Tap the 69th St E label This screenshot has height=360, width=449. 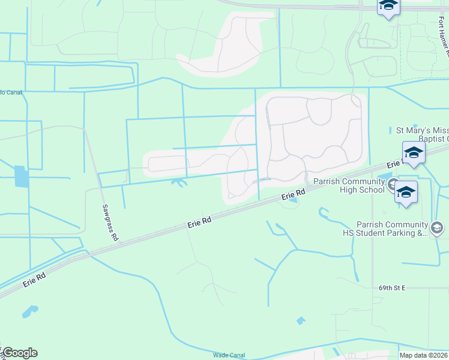(393, 288)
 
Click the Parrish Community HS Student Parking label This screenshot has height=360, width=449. (391, 229)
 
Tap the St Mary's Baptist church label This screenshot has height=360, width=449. (421, 134)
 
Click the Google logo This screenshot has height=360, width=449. (20, 353)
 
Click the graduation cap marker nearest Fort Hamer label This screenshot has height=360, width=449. (388, 6)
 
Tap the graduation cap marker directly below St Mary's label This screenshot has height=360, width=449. (414, 153)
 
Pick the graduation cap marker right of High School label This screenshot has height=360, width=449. (406, 193)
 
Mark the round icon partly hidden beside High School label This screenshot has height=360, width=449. (393, 183)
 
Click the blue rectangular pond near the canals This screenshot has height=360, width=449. (20, 176)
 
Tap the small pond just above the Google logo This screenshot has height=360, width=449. (29, 311)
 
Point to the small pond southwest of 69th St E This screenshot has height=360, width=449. (300, 321)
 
